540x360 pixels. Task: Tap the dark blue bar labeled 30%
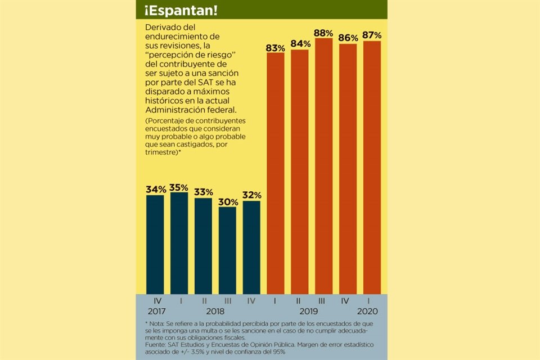pyautogui.click(x=227, y=250)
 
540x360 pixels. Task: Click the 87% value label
pyautogui.click(x=372, y=35)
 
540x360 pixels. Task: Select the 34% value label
pyautogui.click(x=155, y=190)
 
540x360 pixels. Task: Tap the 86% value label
pyautogui.click(x=348, y=38)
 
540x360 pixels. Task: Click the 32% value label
pyautogui.click(x=251, y=195)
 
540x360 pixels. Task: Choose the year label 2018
pyautogui.click(x=215, y=311)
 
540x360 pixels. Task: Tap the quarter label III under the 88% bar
pyautogui.click(x=324, y=301)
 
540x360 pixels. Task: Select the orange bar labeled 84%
pyautogui.click(x=300, y=172)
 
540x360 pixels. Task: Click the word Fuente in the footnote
pyautogui.click(x=157, y=344)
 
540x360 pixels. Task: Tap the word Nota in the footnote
pyautogui.click(x=157, y=323)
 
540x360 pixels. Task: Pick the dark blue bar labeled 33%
pyautogui.click(x=203, y=246)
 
